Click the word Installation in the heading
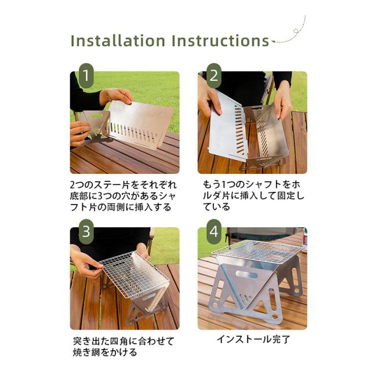118,41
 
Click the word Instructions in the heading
220,41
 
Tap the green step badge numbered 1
86,76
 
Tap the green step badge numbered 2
214,76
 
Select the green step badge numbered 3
86,232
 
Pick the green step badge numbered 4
214,232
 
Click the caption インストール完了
253,339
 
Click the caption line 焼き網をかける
105,352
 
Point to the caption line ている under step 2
216,207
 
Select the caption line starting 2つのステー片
123,185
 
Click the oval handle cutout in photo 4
246,275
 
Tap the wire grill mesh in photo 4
257,252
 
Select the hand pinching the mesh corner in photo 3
85,262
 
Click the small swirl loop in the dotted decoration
296,31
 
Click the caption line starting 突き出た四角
123,341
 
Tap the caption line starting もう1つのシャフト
252,184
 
